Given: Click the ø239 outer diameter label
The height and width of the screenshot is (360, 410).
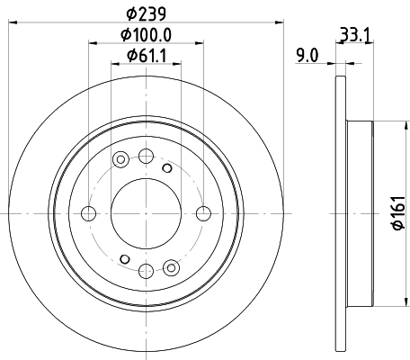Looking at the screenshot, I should coord(144,13).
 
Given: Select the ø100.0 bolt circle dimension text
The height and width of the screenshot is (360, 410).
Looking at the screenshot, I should coord(147,37).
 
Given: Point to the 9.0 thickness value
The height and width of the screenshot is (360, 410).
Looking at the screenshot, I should coord(307,57).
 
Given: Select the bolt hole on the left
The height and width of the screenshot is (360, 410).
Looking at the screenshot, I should coord(88,213).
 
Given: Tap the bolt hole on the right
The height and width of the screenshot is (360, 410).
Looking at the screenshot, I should coord(203,213).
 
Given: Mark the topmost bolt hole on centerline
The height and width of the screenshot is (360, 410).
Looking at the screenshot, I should coord(146,156).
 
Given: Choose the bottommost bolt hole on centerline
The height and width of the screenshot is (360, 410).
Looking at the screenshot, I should coord(146,270).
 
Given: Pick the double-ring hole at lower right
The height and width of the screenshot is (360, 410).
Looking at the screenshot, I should coord(171,265).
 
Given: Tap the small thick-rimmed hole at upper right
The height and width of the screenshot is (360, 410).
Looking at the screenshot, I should coord(165,167).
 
